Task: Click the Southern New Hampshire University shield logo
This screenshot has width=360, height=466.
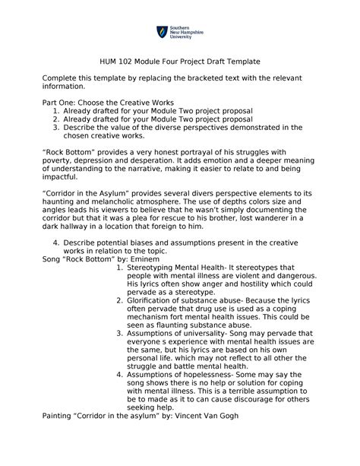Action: click(x=161, y=33)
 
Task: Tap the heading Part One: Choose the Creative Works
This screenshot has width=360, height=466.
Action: click(x=107, y=102)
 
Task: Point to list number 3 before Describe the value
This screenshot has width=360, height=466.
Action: click(x=56, y=127)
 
